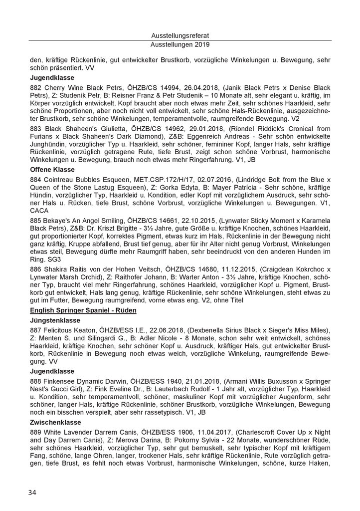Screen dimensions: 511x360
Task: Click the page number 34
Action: [32, 493]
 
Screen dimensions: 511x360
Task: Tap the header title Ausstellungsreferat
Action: [180, 36]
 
